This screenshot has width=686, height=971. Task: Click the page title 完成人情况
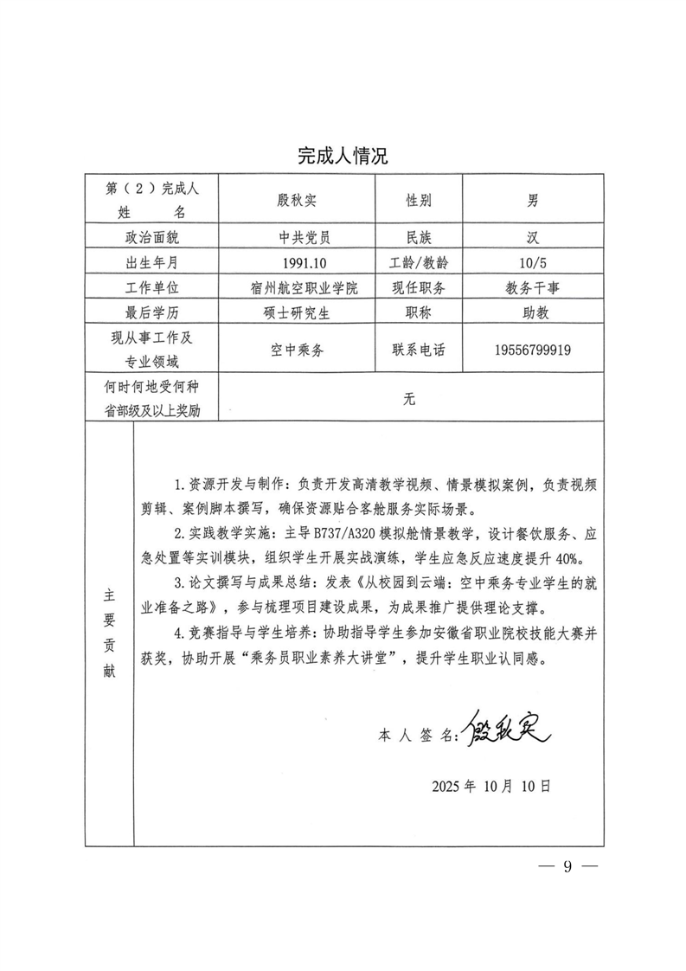coord(343,156)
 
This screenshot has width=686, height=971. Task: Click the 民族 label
coord(420,236)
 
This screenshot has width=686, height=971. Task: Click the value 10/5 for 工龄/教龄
coord(534,262)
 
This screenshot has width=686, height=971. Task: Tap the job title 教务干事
coord(534,288)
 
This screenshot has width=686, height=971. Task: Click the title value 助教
coord(534,313)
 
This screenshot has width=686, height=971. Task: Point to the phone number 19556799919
coord(534,350)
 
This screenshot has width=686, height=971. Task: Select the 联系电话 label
coord(420,350)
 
